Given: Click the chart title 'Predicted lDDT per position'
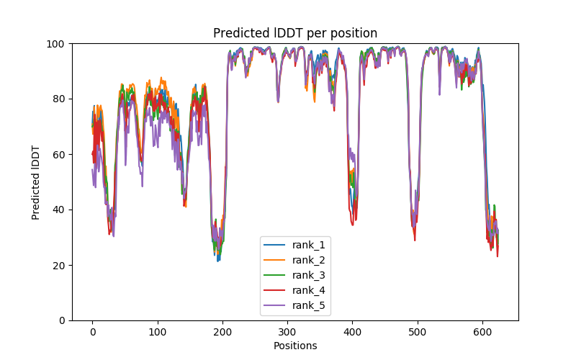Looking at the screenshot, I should (295, 33).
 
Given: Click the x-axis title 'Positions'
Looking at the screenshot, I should (295, 346).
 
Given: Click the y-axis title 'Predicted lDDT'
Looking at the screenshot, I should (36, 182).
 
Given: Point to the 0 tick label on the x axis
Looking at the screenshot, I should (92, 332).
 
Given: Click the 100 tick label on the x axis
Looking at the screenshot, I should (157, 332).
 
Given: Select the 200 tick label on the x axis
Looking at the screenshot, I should (222, 332).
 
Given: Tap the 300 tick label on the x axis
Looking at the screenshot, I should (287, 332).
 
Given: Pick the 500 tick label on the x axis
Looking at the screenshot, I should (418, 332).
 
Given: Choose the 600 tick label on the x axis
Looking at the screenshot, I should (482, 332).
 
